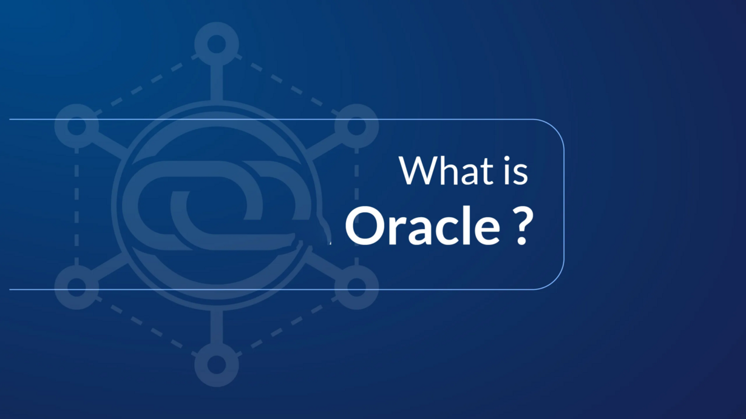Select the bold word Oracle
pyautogui.click(x=423, y=227)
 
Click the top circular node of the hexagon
pyautogui.click(x=217, y=44)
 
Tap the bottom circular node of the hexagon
pyautogui.click(x=217, y=365)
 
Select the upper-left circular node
pyautogui.click(x=76, y=126)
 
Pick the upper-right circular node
pyautogui.click(x=356, y=126)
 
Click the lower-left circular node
pyautogui.click(x=76, y=286)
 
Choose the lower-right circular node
pyautogui.click(x=356, y=286)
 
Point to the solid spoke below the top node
pyautogui.click(x=217, y=82)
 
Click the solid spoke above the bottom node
pyautogui.click(x=217, y=327)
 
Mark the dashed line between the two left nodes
pyautogui.click(x=76, y=206)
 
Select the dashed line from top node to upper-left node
pyautogui.click(x=146, y=84)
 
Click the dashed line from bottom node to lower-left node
pyautogui.click(x=146, y=328)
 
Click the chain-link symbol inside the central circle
pyautogui.click(x=212, y=205)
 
